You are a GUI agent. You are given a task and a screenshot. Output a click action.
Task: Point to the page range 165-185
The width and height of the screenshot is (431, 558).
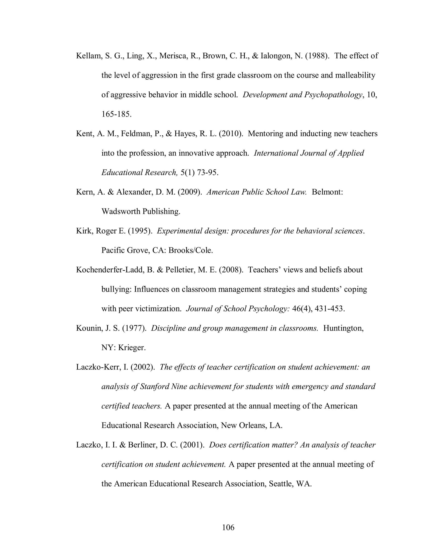(x=116, y=114)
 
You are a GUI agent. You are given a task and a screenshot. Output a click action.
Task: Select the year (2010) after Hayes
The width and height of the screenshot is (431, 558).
(x=231, y=134)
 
